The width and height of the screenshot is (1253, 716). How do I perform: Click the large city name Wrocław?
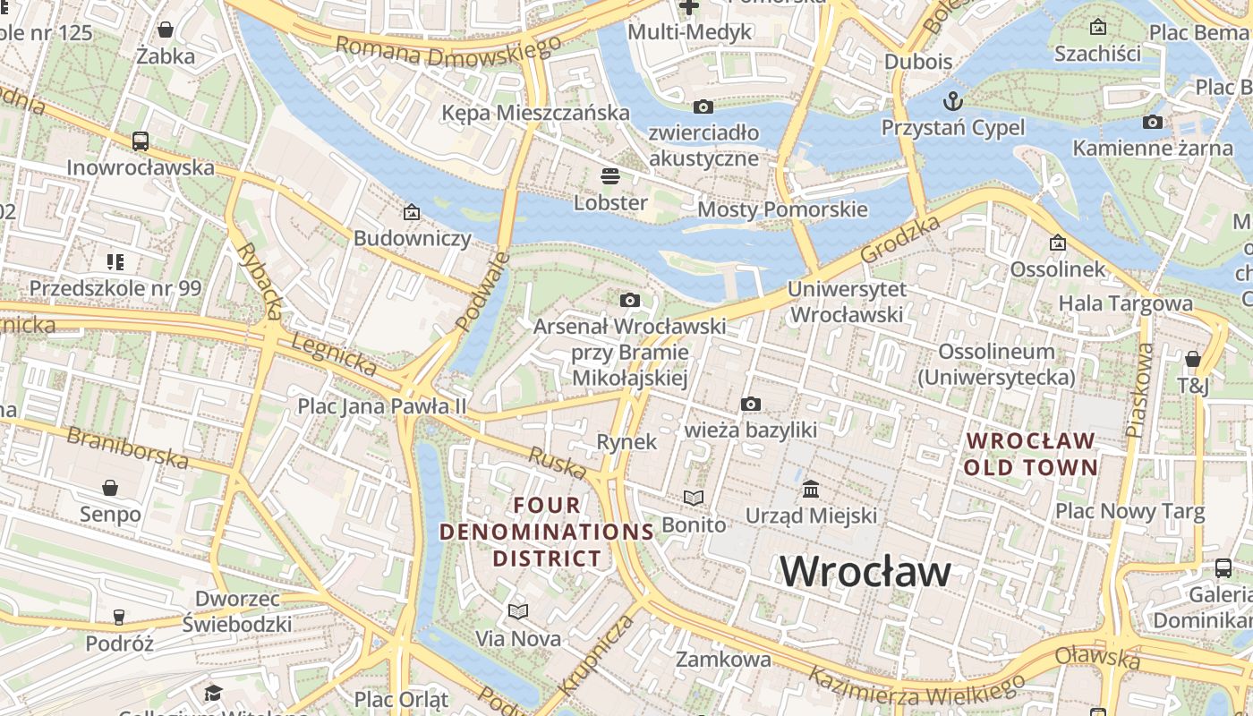pyautogui.click(x=865, y=571)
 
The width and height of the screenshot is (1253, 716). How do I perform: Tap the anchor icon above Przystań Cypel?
pyautogui.click(x=953, y=99)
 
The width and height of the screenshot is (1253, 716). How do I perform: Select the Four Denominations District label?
pyautogui.click(x=547, y=532)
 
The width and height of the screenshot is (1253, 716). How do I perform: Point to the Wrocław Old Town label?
pyautogui.click(x=1030, y=454)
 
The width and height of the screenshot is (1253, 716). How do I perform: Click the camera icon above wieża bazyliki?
pyautogui.click(x=751, y=405)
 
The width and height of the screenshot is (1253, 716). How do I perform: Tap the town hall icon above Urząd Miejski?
pyautogui.click(x=811, y=490)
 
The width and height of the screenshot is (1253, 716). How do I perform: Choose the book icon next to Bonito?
pyautogui.click(x=694, y=498)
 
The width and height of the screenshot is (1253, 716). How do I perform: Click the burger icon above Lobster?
pyautogui.click(x=610, y=175)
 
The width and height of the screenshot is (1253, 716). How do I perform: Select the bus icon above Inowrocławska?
pyautogui.click(x=141, y=141)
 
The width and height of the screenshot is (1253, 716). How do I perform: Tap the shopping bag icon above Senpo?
pyautogui.click(x=110, y=488)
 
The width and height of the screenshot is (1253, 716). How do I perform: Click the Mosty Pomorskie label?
pyautogui.click(x=782, y=209)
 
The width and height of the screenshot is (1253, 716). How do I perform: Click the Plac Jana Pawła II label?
pyautogui.click(x=382, y=406)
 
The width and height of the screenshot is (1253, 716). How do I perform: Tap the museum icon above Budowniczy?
pyautogui.click(x=412, y=212)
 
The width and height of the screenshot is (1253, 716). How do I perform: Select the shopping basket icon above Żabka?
pyautogui.click(x=166, y=30)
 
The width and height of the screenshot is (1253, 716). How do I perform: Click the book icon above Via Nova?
pyautogui.click(x=518, y=612)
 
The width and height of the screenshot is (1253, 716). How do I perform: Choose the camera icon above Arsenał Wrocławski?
pyautogui.click(x=630, y=300)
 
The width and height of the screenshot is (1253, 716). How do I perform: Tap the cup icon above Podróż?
pyautogui.click(x=119, y=617)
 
